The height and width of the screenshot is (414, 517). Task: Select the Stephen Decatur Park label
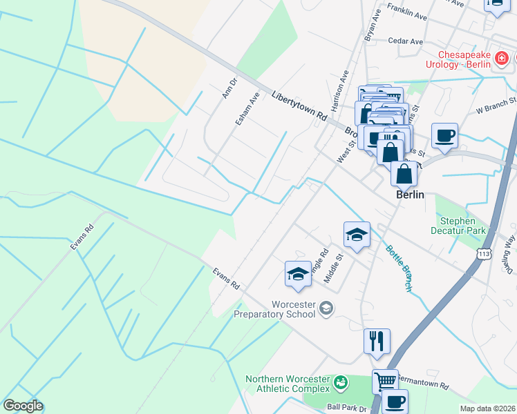point(462,226)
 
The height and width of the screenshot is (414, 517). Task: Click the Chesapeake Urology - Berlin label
point(462,59)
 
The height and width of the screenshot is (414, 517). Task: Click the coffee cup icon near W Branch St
point(444,135)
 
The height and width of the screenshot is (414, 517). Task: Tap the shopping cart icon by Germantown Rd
point(385,381)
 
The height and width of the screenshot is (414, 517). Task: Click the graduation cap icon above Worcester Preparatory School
point(298,273)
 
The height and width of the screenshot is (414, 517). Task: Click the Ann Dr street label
point(229,88)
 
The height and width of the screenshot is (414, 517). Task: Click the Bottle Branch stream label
point(400,267)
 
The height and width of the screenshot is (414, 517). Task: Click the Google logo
point(23,406)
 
